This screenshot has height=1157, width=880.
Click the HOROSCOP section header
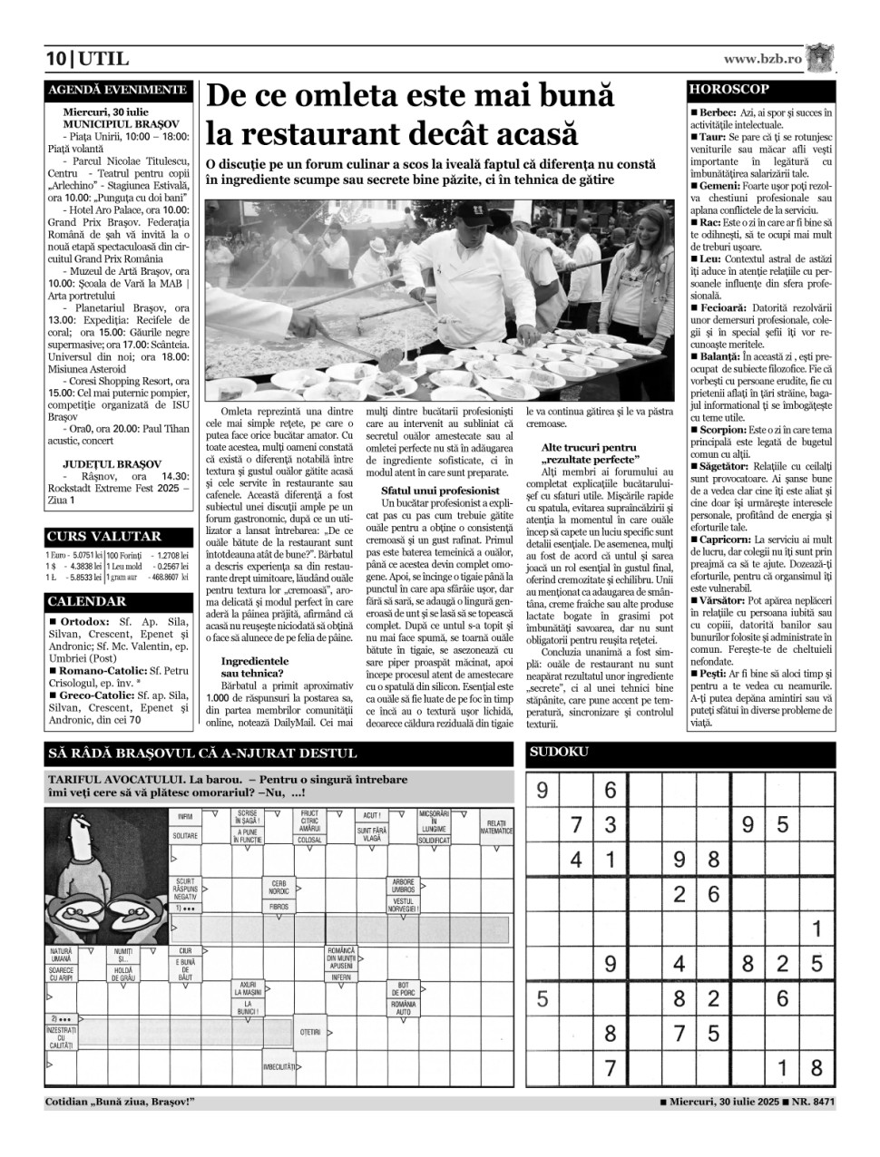tap(728, 90)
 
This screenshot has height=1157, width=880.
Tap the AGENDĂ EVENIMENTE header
tap(117, 90)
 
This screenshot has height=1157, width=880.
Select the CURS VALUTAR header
tap(104, 536)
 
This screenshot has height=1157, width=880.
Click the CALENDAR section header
tap(87, 601)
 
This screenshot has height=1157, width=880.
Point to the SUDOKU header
tap(560, 752)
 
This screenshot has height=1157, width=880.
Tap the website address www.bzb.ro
tap(762, 59)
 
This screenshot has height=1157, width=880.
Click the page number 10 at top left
tap(56, 60)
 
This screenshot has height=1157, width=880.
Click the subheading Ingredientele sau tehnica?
tap(255, 667)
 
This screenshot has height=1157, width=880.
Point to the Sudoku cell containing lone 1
tap(816, 929)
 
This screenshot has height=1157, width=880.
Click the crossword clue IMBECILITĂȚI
tap(279, 1066)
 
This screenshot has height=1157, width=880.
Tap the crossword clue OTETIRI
tap(310, 1032)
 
